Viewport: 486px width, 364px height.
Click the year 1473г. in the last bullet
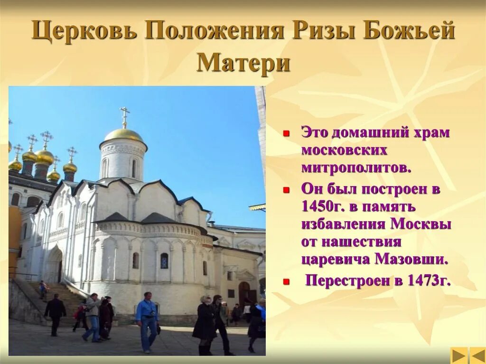point(429,280)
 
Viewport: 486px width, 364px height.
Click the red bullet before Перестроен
point(286,282)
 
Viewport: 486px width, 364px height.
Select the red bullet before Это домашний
point(286,134)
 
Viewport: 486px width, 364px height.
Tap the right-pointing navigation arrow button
point(459,355)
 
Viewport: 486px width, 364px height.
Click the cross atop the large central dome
point(124,115)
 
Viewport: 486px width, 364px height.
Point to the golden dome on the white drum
point(123,135)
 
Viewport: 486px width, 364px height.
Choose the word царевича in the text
point(336,259)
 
